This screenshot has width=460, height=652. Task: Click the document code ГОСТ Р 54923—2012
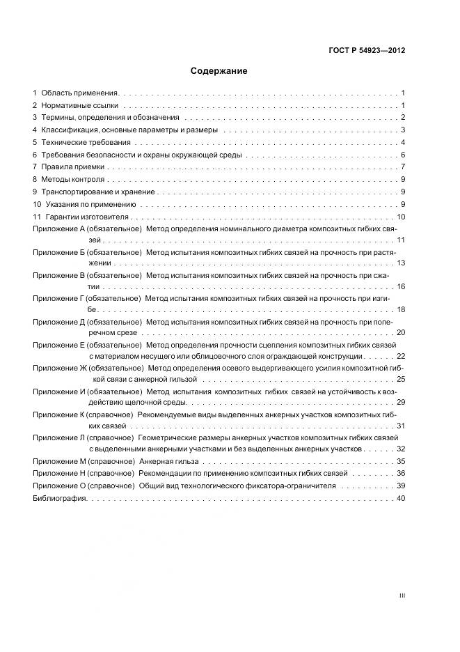coord(366,51)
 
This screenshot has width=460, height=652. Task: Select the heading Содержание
coord(219,71)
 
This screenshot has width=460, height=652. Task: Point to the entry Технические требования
coord(86,143)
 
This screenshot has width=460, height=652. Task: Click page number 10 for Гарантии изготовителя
coord(401,217)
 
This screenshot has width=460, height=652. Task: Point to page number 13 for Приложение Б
coord(401,263)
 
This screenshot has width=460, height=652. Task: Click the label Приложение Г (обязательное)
coord(86,298)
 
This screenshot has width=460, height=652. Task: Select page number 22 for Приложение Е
coord(401,356)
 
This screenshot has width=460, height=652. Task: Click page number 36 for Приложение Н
coord(401,474)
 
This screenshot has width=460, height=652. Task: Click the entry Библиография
coord(60,499)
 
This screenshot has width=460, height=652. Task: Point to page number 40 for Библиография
coord(401,499)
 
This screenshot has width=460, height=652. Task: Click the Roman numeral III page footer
coord(402,596)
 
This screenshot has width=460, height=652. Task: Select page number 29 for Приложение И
coord(401,403)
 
